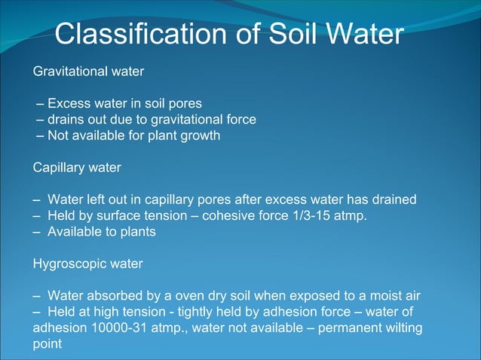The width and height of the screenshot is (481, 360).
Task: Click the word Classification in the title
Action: pos(139,35)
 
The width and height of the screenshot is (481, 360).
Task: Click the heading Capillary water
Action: pos(76,168)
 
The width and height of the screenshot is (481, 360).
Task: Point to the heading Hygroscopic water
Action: pos(87,264)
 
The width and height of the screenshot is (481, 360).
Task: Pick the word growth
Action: pos(198,136)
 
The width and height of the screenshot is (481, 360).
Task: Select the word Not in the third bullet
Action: pos(58,136)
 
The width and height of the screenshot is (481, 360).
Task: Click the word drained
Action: pos(394,200)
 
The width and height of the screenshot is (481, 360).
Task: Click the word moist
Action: pos(367,296)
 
